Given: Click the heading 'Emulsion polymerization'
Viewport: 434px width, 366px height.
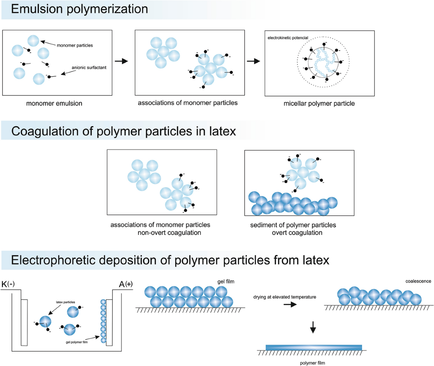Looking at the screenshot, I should pos(80,9).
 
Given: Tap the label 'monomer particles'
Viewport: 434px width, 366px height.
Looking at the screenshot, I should pos(75,46).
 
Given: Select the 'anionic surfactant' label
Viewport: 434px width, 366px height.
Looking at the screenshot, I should pos(89,68).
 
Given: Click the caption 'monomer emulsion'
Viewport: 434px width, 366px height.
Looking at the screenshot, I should pos(54,103).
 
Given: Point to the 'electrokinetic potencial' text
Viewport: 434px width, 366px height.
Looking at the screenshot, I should pos(288,38).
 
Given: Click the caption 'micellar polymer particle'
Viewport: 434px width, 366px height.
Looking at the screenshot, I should pos(319,104).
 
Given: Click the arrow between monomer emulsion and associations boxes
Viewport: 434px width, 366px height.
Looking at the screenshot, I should pos(124,61).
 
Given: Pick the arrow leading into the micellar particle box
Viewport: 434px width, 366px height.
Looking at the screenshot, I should pos(254,61).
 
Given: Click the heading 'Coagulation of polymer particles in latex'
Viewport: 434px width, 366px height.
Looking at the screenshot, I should pos(124,131).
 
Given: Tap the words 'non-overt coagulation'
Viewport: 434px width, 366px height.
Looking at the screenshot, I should pos(169,233).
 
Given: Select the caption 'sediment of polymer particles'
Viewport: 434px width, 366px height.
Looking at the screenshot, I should pos(293,225).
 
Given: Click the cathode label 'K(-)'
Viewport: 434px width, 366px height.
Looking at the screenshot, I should pos(8,284).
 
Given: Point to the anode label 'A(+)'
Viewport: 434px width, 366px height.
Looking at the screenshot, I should pos(125,284).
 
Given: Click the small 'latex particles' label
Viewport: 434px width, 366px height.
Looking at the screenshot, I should pos(65,302).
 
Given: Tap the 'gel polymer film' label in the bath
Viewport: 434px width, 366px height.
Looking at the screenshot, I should pos(76,342).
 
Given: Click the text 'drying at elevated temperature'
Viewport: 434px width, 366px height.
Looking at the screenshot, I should pos(285,297).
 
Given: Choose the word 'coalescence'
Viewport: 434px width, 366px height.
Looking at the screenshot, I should pos(418,281).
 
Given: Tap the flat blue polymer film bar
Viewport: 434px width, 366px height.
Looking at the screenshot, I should pos(314,347).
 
